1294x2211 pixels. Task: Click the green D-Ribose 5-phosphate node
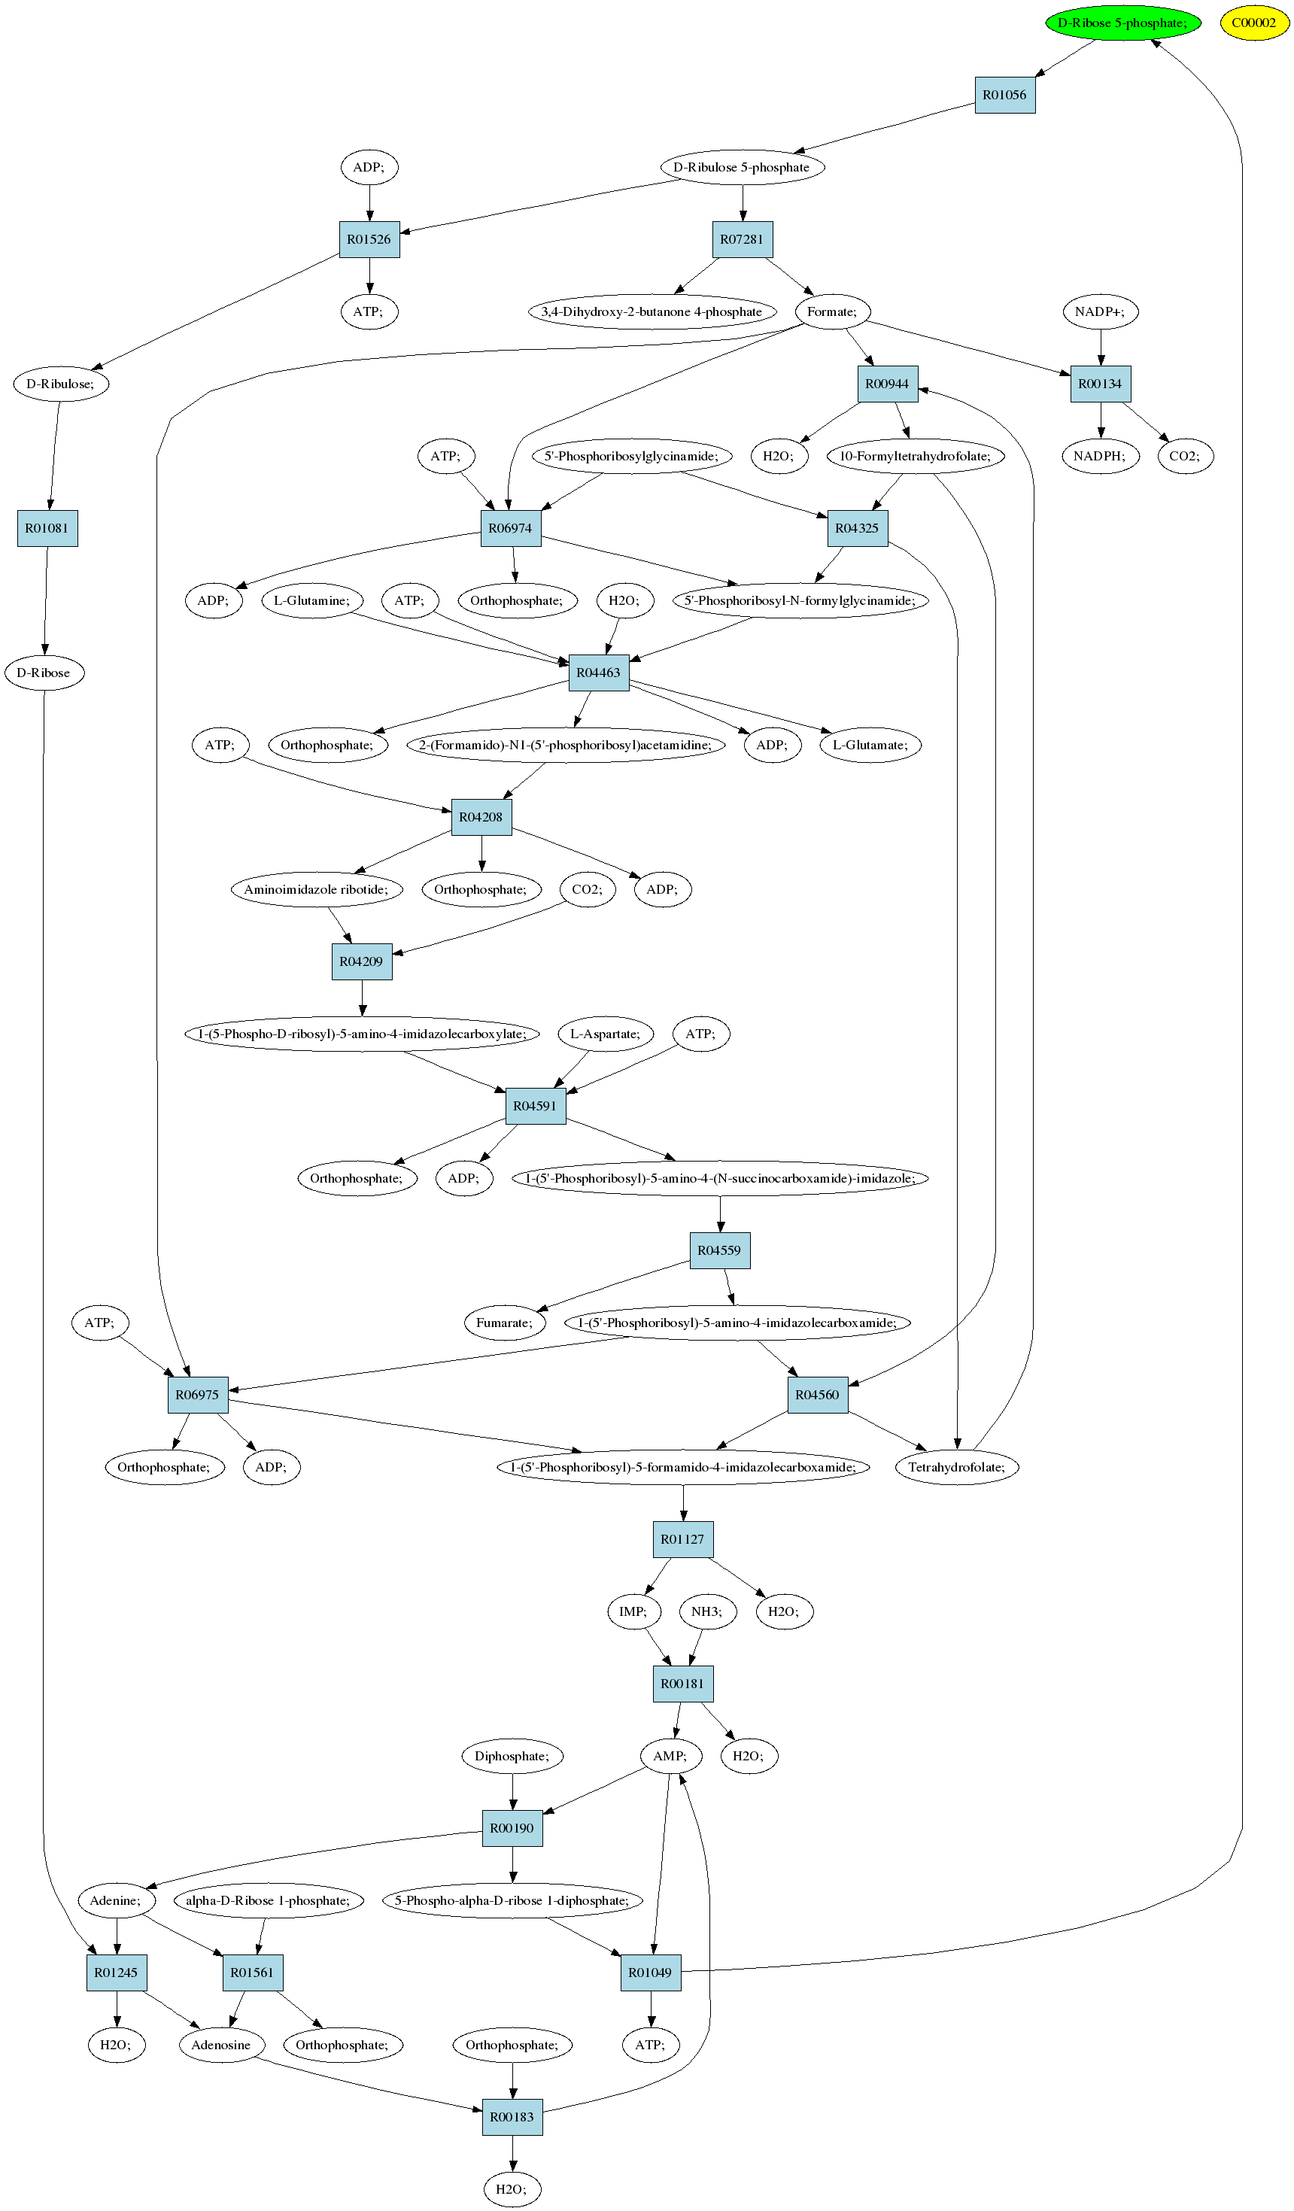1123,23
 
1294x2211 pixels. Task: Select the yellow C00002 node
1255,23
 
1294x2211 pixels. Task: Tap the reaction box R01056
1004,95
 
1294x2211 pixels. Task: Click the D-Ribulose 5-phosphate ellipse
743,167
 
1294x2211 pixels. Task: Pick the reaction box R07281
743,239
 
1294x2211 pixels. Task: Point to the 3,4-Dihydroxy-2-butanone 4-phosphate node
652,311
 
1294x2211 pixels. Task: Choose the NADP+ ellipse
1100,311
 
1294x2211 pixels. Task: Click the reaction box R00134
1100,384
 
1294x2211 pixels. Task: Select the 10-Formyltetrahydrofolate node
915,456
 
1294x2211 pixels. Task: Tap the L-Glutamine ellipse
312,600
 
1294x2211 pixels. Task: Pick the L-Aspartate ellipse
606,1034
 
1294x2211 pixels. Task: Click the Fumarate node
505,1323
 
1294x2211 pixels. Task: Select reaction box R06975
197,1395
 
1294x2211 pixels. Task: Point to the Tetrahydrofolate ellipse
957,1467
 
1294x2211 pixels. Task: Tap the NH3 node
707,1611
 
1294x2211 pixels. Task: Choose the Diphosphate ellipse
512,1756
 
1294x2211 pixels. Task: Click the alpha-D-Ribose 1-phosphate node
269,1900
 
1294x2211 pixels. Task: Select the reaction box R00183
512,2117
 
